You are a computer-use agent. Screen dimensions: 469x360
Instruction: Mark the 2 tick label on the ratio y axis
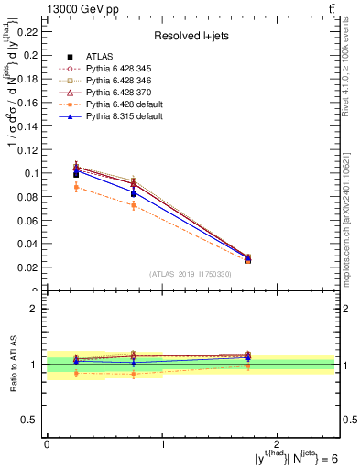click(37, 309)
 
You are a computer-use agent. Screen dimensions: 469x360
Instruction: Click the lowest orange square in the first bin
click(77, 187)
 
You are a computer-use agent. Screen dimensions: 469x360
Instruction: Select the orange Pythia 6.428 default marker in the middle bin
click(134, 205)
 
